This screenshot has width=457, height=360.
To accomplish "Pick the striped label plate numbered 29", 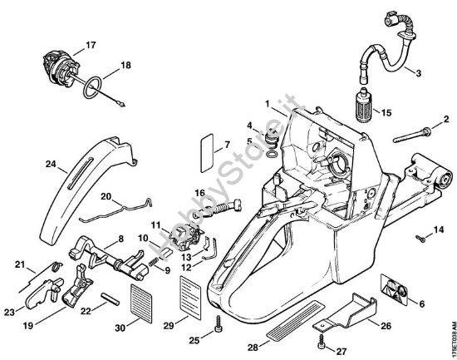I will (x=192, y=292).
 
